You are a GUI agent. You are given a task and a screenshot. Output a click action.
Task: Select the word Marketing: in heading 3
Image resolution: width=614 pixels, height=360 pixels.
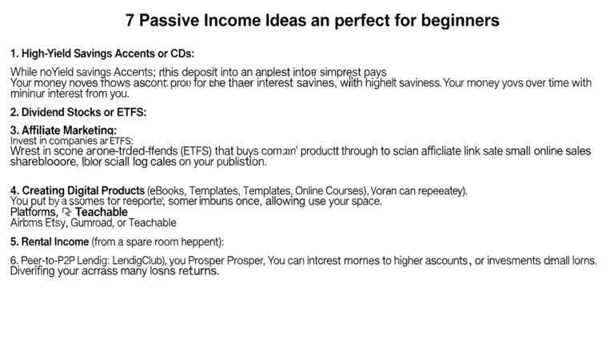pos(93,130)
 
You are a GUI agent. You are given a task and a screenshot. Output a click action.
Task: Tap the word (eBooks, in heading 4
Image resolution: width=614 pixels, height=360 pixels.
pos(171,190)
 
